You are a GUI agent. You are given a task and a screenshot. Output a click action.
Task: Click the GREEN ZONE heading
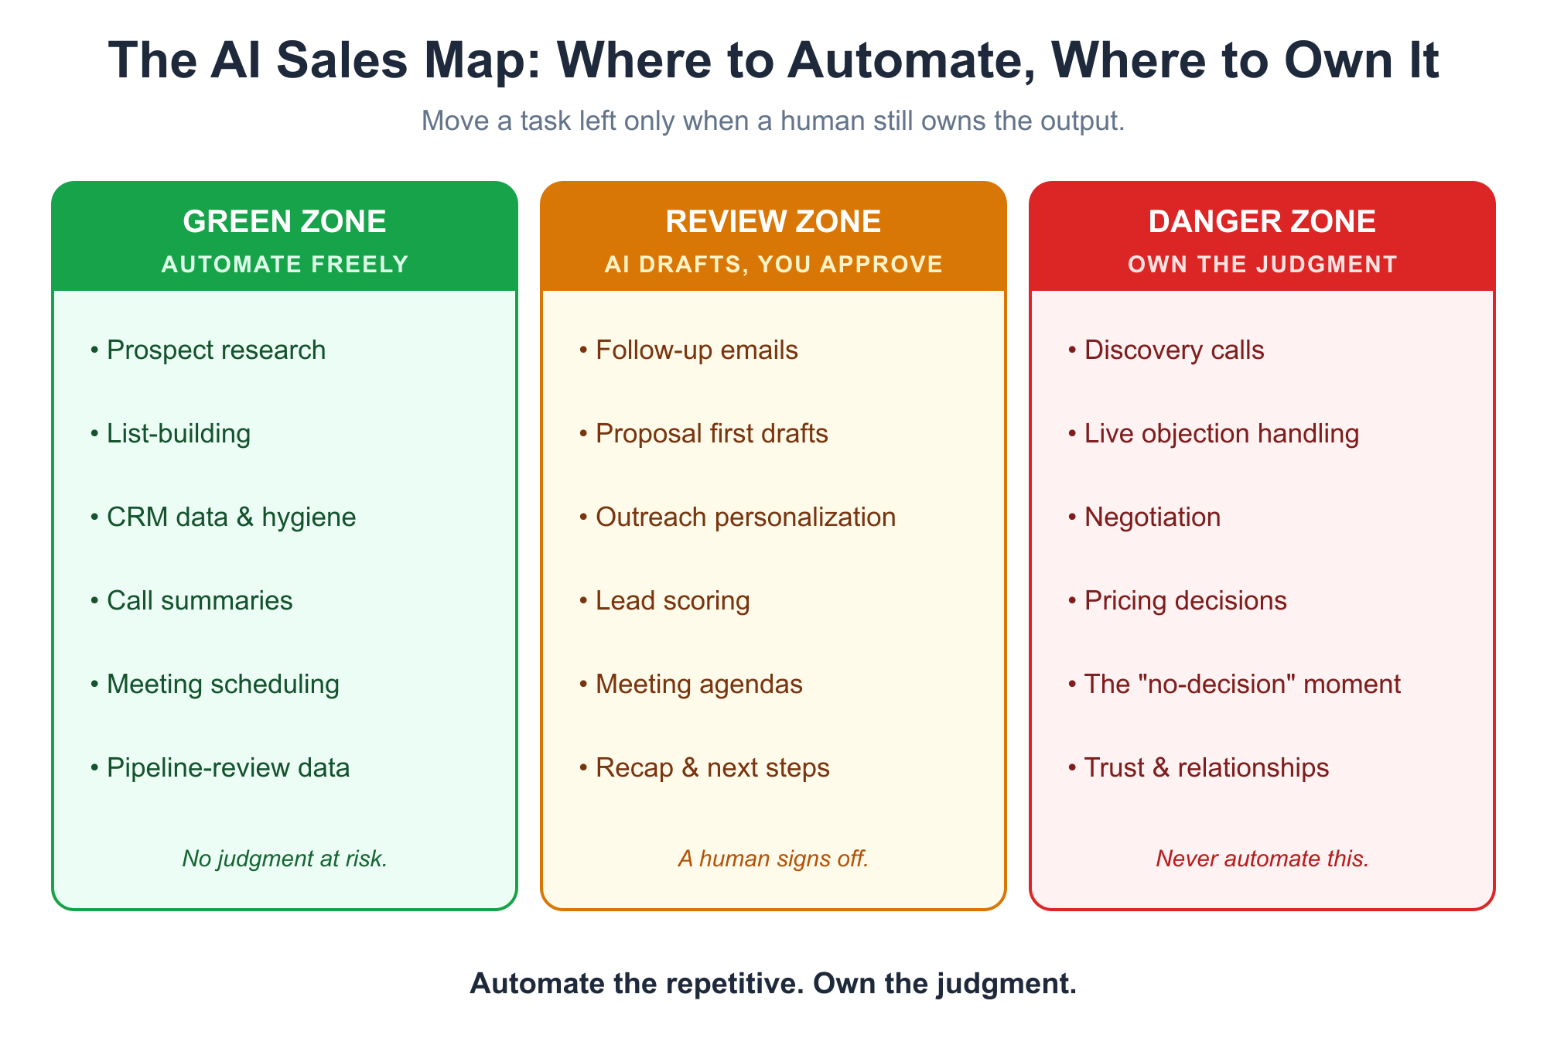(x=285, y=222)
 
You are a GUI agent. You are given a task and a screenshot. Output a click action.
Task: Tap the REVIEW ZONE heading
(x=773, y=222)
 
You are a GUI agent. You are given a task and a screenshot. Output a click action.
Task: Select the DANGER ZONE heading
(x=1262, y=222)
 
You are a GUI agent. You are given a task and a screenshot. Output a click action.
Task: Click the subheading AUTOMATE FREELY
(x=285, y=265)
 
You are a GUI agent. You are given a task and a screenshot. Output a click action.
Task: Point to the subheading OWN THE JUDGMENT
(x=1262, y=265)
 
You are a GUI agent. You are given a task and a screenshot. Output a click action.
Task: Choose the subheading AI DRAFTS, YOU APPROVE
(x=773, y=265)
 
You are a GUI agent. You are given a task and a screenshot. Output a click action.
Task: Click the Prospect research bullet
(x=208, y=350)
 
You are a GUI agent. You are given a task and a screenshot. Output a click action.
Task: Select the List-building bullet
(x=170, y=434)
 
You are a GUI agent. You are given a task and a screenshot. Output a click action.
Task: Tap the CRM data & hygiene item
(x=223, y=517)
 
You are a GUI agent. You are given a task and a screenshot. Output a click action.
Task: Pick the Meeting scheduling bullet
(x=214, y=685)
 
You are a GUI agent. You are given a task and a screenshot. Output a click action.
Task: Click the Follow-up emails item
(x=688, y=350)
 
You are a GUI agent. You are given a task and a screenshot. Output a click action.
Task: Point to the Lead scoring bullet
(x=664, y=601)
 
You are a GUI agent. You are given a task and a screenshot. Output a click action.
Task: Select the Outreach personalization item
(x=737, y=517)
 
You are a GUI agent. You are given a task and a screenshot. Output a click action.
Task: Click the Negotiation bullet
(x=1144, y=517)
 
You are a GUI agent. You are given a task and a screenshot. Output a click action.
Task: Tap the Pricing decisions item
(x=1177, y=601)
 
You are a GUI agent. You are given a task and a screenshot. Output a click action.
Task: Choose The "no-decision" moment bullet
(x=1234, y=685)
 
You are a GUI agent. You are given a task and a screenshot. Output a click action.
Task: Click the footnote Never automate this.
(x=1262, y=859)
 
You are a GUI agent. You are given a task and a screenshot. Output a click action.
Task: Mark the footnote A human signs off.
(x=773, y=859)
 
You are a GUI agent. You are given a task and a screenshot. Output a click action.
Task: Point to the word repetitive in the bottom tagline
(x=729, y=984)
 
